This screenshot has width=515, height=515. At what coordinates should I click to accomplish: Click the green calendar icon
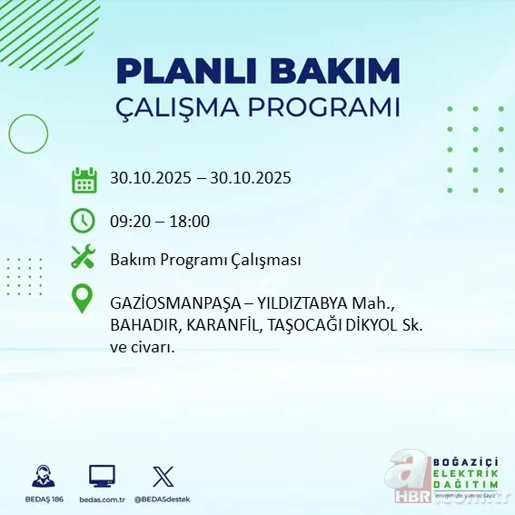coord(84,179)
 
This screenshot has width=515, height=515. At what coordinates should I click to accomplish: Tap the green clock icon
coord(84,220)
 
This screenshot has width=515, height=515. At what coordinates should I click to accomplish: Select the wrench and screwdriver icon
coord(84,258)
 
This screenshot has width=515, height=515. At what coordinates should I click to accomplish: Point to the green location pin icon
coord(84,300)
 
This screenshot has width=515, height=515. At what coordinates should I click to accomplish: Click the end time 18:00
coord(191,221)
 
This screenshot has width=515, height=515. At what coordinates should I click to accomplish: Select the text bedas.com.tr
coord(101,500)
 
